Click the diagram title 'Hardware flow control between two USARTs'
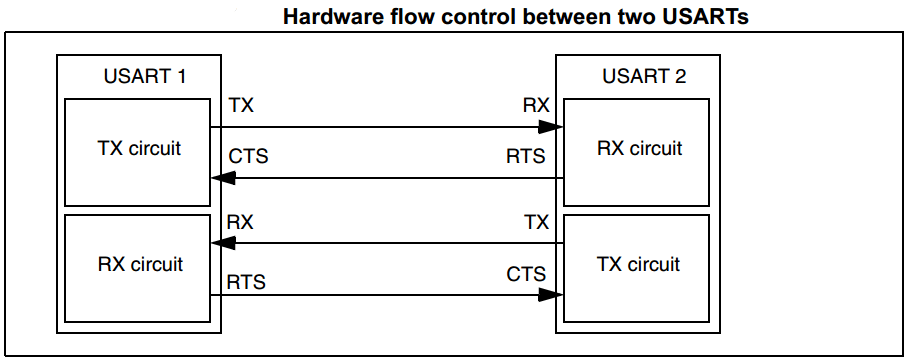click(515, 16)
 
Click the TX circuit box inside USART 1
click(139, 150)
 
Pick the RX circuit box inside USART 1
click(139, 265)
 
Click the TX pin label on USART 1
click(241, 105)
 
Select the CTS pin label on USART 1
click(249, 157)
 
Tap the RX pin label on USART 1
click(241, 222)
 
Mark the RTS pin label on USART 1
click(248, 283)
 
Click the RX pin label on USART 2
click(535, 105)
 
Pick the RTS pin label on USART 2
click(526, 157)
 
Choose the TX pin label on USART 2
click(536, 222)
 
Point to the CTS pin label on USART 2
click(526, 274)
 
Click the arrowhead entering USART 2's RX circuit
click(550, 127)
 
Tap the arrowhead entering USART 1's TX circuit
click(224, 178)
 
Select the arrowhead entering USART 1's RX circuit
click(224, 243)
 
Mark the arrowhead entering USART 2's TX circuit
click(550, 295)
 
